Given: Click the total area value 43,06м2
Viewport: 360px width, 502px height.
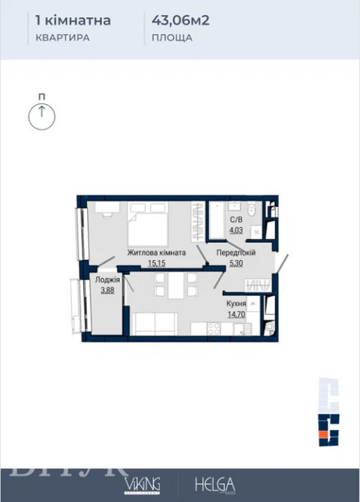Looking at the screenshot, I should (179, 20).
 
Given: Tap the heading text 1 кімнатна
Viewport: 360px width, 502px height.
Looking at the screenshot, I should (73, 20).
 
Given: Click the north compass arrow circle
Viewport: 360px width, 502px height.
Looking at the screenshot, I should (41, 115).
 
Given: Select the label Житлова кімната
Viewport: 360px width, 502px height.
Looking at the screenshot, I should (156, 252).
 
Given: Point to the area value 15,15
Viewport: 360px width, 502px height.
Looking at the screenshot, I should (156, 263).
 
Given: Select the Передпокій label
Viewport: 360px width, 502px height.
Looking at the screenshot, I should (236, 252).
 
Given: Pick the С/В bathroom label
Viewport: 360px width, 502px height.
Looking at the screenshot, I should (235, 220).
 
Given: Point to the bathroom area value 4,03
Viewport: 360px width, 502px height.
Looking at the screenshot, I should (235, 229).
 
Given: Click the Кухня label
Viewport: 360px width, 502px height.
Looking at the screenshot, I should (237, 303).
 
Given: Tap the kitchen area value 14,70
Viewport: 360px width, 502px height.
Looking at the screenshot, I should (237, 315).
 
